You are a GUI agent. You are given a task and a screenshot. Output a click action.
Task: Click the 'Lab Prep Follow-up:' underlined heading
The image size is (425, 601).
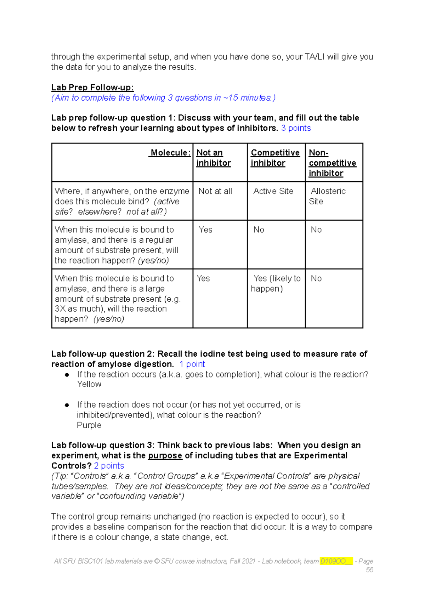coord(92,87)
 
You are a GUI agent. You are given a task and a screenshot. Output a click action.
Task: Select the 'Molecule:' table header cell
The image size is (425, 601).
coord(170,153)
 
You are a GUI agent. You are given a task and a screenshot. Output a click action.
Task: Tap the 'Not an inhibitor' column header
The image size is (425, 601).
coord(214,158)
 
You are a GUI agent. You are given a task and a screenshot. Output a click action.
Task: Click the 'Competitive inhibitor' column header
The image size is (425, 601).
coord(275,158)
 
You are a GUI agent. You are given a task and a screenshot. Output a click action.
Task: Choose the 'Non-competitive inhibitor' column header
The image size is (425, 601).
coord(332,163)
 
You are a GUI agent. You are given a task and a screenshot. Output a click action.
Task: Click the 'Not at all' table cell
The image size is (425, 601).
coord(215,191)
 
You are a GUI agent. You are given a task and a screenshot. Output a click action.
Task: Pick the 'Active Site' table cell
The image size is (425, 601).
coord(273,191)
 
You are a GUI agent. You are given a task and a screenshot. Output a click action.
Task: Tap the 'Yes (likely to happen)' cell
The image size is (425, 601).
coord(276,283)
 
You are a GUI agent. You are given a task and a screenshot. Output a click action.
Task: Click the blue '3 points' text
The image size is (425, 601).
coord(296,128)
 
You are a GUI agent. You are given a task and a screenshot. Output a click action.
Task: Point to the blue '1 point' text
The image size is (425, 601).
coord(192,364)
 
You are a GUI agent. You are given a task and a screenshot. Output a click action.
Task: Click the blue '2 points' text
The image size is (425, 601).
coord(109,466)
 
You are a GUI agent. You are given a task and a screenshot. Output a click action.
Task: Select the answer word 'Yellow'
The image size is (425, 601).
coord(89,384)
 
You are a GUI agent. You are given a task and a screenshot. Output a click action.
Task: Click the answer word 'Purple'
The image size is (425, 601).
coord(89,425)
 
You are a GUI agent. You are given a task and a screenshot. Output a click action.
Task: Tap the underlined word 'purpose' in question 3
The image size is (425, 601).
coord(165,456)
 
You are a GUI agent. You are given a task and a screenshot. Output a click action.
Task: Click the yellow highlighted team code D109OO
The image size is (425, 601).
coord(333,561)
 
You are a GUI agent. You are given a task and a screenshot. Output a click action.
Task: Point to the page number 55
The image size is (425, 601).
coord(369,570)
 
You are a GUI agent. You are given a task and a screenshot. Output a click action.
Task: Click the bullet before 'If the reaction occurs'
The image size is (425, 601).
coord(67,375)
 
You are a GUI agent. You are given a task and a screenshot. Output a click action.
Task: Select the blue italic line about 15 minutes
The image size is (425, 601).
coord(163,98)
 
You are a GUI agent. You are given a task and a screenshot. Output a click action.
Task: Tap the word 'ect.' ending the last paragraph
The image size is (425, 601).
coord(222,537)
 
